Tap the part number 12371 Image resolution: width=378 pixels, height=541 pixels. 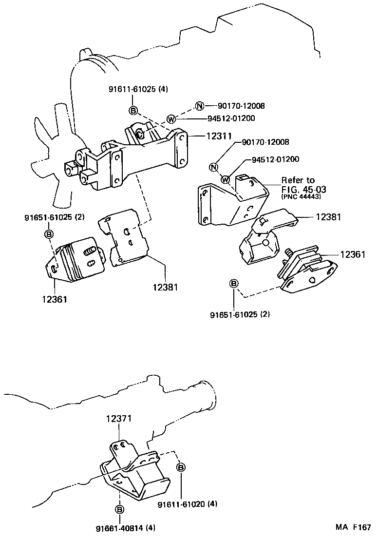[x=119, y=418]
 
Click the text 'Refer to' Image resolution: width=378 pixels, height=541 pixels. [x=298, y=181]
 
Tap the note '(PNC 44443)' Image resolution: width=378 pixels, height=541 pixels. [x=301, y=196]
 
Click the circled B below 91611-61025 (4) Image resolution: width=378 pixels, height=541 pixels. [x=133, y=111]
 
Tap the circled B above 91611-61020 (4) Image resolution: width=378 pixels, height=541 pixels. [x=181, y=467]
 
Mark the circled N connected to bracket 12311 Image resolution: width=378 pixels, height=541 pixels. [x=199, y=106]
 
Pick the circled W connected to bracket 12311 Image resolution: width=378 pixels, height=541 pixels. [x=171, y=118]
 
